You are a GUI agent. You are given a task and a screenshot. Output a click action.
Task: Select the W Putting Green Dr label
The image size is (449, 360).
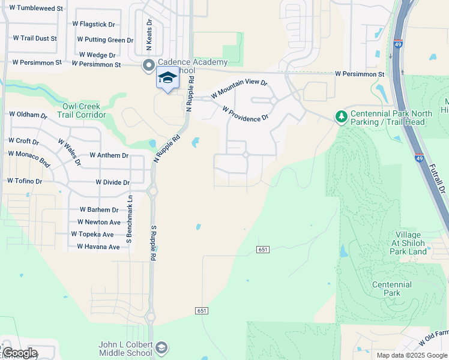[105, 40]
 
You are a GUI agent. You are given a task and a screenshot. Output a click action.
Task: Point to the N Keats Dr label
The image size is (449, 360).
[149, 35]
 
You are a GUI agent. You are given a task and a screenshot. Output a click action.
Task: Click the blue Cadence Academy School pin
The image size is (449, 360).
[167, 79]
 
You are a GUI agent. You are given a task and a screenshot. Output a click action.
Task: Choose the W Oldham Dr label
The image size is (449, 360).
[28, 115]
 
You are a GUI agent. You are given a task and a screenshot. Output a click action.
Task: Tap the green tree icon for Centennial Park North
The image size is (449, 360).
[341, 115]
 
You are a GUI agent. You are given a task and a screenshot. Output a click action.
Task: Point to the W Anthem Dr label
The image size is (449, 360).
[109, 155]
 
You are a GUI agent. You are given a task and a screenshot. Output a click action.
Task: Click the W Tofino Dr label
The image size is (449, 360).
[25, 181]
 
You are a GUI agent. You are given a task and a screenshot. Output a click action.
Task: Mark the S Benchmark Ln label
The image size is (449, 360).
[128, 219]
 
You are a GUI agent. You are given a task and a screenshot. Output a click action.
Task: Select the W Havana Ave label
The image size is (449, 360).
[98, 247]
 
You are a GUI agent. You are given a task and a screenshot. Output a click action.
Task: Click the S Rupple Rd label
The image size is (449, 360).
[153, 242]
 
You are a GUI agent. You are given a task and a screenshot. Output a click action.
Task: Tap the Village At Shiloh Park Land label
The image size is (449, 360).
[411, 243]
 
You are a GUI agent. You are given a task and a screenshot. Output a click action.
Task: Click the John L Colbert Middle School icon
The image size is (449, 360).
[161, 347]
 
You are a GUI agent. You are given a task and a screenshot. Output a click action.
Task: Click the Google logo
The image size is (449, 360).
[20, 353]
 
